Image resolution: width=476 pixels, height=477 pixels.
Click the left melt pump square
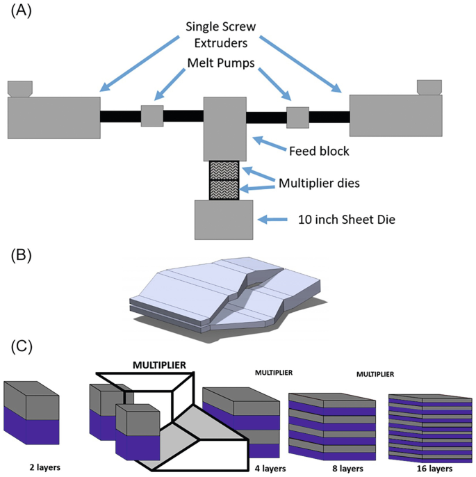pyautogui.click(x=151, y=115)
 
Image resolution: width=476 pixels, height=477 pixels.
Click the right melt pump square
pyautogui.click(x=297, y=117)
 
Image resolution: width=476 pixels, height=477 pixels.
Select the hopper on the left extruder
pyautogui.click(x=19, y=88)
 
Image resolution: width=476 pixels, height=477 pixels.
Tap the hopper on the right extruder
pyautogui.click(x=429, y=86)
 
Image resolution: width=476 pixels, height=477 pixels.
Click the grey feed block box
pyautogui.click(x=224, y=129)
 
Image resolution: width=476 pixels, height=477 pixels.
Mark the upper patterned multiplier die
pyautogui.click(x=224, y=170)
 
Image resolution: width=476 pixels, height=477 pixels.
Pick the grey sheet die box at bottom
pyautogui.click(x=224, y=219)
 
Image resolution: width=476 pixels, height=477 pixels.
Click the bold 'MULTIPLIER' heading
pyautogui.click(x=161, y=364)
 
